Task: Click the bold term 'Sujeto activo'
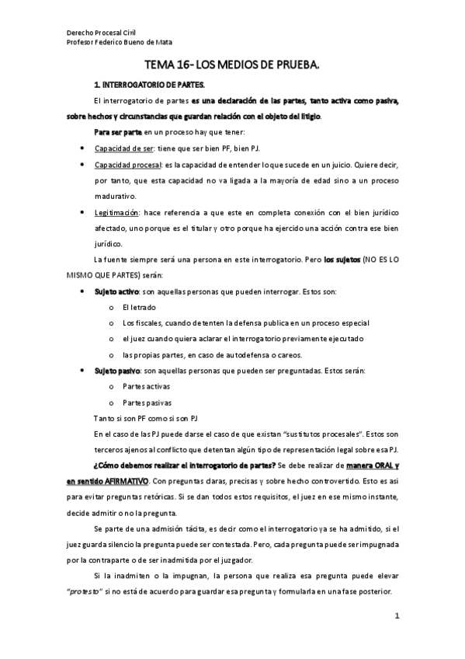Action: (117, 291)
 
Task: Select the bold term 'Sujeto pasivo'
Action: (117, 371)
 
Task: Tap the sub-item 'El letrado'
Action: (138, 307)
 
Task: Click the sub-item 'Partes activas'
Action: (145, 386)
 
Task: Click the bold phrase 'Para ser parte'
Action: (117, 132)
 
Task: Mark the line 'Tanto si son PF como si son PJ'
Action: (145, 418)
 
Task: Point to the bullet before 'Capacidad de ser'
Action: (82, 148)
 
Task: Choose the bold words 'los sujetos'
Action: (343, 260)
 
